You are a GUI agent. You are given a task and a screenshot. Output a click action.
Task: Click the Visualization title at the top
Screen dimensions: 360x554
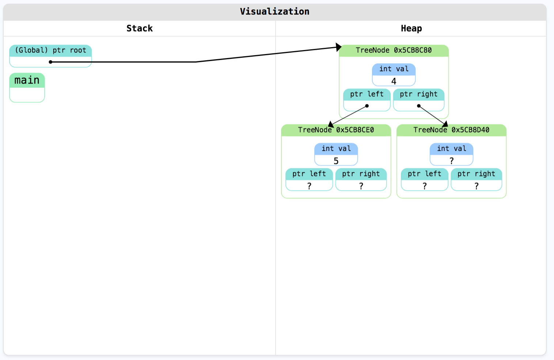274,12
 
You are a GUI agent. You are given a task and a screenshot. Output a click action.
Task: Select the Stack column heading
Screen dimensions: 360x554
139,28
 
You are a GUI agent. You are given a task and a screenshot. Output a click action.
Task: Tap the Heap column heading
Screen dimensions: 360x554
411,28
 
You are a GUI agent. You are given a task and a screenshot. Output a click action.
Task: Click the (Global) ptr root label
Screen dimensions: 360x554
50,50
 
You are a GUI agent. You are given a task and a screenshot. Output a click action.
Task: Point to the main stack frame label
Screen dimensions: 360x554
27,80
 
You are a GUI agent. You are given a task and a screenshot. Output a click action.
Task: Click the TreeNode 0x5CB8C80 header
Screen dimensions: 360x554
394,50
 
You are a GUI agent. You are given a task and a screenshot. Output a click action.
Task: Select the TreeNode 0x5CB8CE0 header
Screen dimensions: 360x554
336,130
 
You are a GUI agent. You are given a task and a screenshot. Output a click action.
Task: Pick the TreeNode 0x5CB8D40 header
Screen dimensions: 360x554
451,130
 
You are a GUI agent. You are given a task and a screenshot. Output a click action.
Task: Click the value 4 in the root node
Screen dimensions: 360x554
394,81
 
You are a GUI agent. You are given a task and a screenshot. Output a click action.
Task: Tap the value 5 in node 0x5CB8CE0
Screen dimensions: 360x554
336,161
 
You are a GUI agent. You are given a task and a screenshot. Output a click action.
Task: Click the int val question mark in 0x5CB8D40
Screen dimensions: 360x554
451,161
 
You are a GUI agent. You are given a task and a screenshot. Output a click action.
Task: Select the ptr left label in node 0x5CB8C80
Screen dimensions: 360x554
367,94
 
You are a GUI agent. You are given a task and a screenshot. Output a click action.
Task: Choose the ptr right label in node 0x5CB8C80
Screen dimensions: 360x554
418,94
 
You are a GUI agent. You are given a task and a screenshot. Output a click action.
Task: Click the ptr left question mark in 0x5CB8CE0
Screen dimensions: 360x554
309,186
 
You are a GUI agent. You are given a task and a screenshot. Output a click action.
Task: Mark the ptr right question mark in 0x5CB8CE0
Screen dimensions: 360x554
361,186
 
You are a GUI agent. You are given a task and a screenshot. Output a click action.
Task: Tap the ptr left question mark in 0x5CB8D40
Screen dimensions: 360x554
425,186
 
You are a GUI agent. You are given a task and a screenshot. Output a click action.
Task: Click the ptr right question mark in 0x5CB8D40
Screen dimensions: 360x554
477,186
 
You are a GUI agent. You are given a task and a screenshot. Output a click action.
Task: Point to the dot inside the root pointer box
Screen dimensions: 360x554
50,62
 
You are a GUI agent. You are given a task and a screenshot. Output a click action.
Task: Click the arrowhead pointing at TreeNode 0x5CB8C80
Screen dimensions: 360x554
338,47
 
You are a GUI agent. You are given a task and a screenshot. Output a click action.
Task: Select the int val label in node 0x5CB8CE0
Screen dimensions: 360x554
336,149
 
